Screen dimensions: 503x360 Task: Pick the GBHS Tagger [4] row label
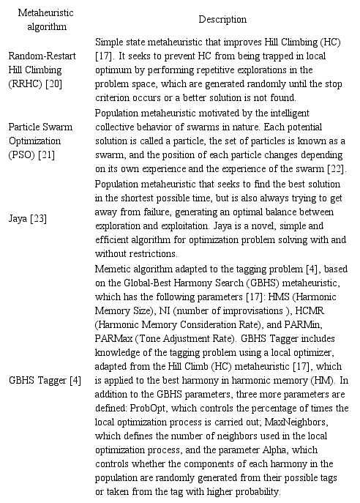point(45,380)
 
